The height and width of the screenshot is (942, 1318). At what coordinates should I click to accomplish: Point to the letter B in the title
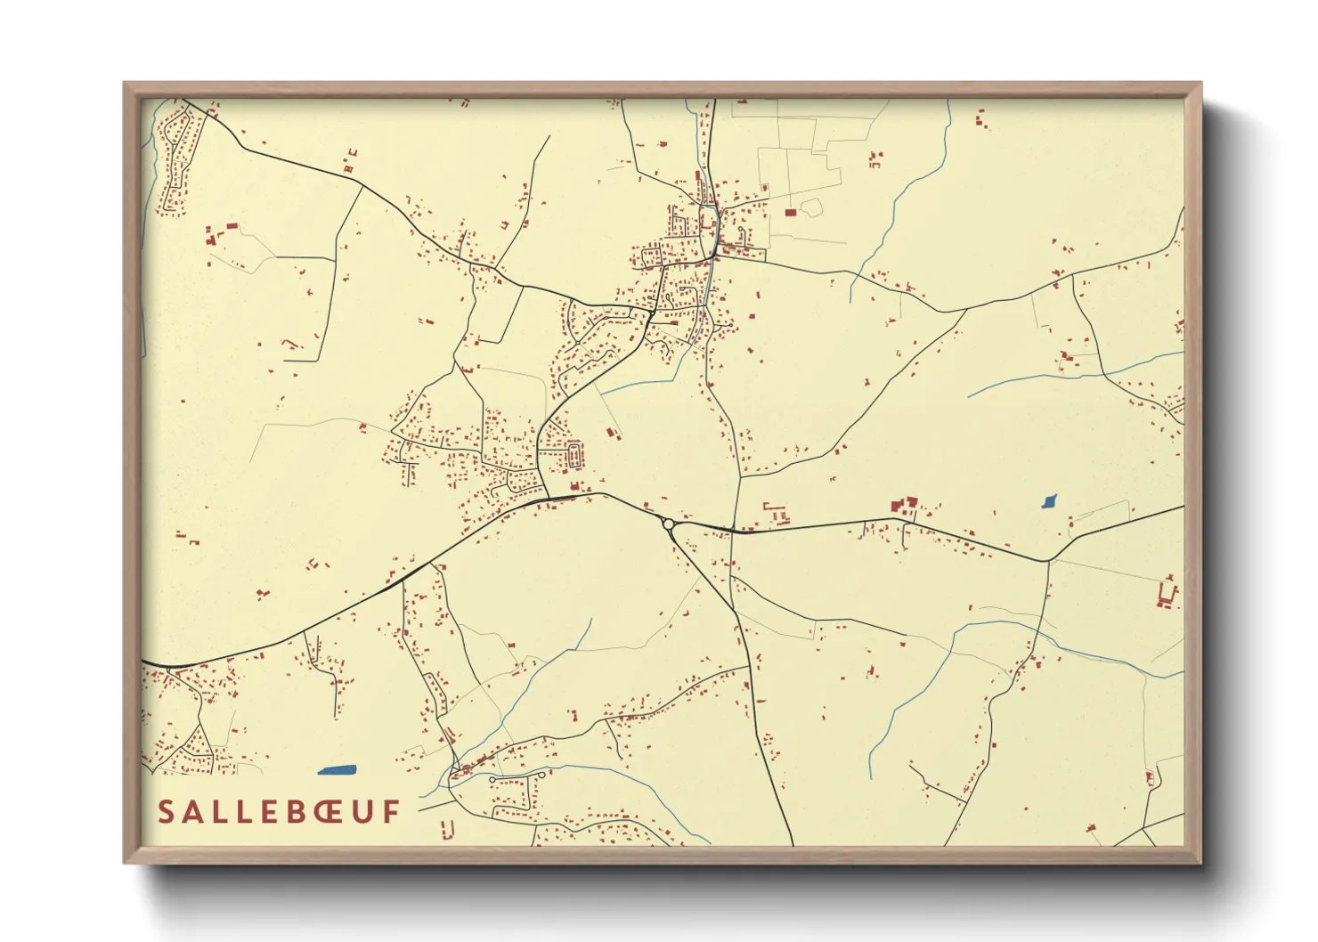[275, 811]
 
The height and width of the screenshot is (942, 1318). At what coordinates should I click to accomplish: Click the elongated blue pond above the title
[337, 770]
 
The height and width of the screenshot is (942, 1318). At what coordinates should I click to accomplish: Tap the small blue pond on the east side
[1049, 502]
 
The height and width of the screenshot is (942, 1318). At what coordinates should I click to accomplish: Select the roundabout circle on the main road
[668, 524]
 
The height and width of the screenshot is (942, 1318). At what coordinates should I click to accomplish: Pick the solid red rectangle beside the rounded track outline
[790, 212]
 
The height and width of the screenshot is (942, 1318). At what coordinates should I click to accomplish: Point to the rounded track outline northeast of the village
[810, 208]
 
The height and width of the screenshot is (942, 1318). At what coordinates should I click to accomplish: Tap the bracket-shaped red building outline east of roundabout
[776, 513]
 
